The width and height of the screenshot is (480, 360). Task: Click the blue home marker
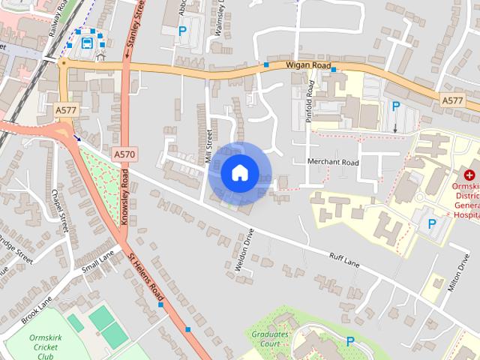(239, 173)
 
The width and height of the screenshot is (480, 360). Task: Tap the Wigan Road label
(307, 66)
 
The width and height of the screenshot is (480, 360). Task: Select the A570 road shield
(125, 154)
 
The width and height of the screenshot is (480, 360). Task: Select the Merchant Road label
(333, 162)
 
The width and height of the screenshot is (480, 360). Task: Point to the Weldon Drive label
(241, 250)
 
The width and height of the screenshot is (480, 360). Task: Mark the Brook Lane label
(35, 310)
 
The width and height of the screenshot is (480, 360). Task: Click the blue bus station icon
(87, 42)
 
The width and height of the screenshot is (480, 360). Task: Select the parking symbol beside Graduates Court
(350, 342)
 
